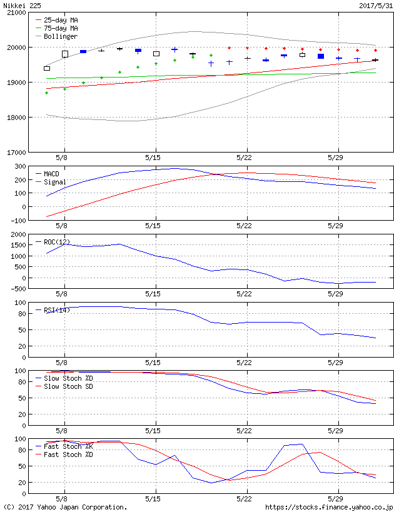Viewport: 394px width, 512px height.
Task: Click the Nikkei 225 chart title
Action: (x=21, y=5)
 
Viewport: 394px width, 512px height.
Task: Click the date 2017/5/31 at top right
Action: (x=375, y=5)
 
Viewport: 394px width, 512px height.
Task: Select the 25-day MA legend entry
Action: (x=61, y=20)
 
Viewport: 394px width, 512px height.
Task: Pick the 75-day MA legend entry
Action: (x=61, y=28)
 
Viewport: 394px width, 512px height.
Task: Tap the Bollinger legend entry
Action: (x=61, y=36)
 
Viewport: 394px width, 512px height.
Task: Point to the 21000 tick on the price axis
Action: (x=16, y=13)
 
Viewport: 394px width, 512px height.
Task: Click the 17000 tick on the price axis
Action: (x=16, y=153)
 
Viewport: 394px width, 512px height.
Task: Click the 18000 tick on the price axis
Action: (x=16, y=118)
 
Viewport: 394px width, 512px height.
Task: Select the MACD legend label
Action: (x=51, y=174)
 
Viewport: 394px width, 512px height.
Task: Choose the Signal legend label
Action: (x=55, y=182)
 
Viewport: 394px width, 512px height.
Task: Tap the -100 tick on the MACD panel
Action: (x=18, y=220)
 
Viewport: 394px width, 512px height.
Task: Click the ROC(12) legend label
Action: (x=57, y=241)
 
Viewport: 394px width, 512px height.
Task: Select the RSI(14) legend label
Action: (x=57, y=309)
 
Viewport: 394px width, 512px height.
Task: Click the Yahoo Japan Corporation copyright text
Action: (x=65, y=507)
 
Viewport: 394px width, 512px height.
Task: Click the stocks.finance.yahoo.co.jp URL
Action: (x=329, y=507)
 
